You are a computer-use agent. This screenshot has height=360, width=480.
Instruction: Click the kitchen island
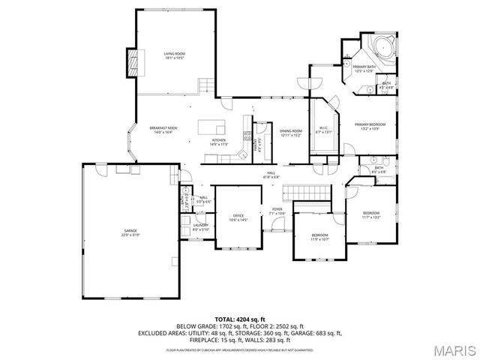[x=211, y=127]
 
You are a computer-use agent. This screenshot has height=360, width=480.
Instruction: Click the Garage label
[x=130, y=232]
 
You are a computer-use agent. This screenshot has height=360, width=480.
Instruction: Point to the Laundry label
[x=200, y=227]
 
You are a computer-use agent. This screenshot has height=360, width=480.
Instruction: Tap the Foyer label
[x=277, y=211]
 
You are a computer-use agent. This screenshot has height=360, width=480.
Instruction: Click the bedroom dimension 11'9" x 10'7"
[x=319, y=241]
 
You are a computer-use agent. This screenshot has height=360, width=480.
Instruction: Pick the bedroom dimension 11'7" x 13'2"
[x=372, y=217]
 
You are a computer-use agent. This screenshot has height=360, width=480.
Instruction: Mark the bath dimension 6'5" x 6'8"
[x=379, y=172]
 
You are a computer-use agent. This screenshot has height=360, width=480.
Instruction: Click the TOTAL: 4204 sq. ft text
[x=240, y=319]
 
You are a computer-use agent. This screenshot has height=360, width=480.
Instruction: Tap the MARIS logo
[x=454, y=350]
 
